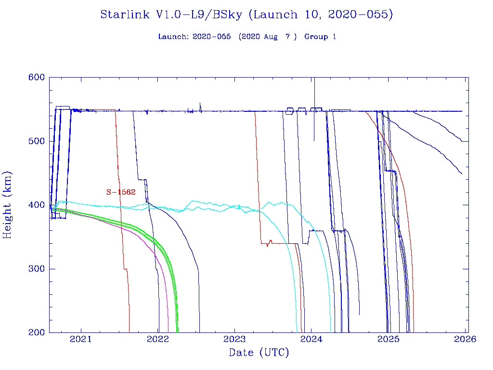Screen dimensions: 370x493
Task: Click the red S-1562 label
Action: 121,192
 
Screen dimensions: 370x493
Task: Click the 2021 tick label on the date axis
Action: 80,340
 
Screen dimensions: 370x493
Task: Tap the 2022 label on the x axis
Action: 157,340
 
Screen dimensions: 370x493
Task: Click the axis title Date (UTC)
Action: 259,353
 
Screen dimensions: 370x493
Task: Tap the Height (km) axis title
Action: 8,205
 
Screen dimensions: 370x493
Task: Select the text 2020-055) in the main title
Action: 361,15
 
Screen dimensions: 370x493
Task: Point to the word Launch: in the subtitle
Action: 174,37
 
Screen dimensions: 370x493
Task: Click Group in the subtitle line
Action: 316,37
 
